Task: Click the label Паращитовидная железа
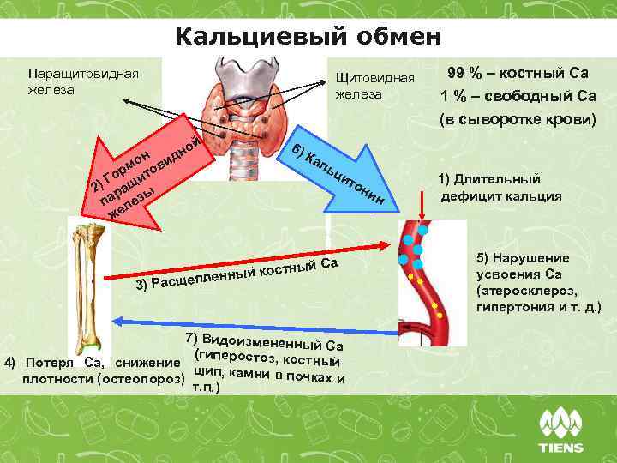82,81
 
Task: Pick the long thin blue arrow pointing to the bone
257,320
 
